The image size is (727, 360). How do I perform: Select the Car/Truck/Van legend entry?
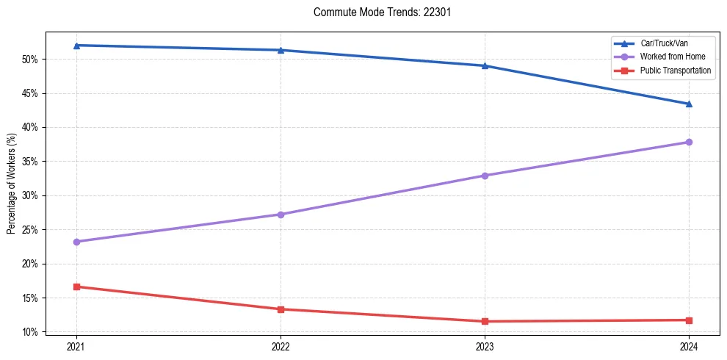coord(664,43)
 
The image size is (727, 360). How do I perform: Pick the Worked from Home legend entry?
coord(671,57)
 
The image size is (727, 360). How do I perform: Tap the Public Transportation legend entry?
coord(675,71)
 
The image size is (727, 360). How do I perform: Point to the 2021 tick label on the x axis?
coord(76,346)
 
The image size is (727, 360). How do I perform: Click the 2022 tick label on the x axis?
coord(281,346)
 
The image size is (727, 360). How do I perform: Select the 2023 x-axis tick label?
coord(485,346)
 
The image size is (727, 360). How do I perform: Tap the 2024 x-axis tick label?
coord(689,346)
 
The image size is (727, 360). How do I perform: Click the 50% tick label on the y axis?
coord(30,59)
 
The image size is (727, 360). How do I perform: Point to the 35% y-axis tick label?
coord(30,162)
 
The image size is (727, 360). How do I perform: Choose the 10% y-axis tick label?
coord(30,332)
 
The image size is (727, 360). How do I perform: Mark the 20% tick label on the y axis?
coord(30,264)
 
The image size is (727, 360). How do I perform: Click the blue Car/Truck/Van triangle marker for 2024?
coord(689,104)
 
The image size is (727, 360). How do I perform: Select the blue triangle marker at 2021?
coord(76,46)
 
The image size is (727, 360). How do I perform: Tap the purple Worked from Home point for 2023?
coord(485,176)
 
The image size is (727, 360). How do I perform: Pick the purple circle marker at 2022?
coord(281,215)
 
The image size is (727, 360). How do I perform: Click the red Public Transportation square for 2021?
coord(76,287)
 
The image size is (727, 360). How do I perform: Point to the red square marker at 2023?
coord(485,321)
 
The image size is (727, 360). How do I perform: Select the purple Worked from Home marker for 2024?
coord(689,142)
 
